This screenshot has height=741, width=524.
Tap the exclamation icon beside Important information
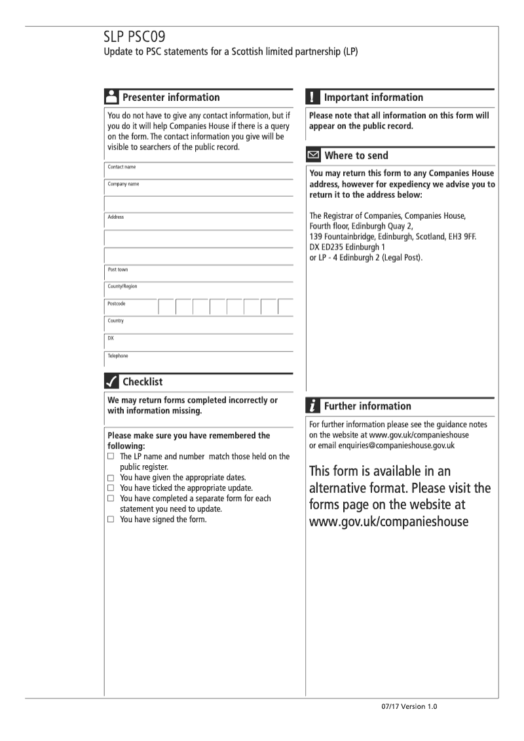pyautogui.click(x=312, y=97)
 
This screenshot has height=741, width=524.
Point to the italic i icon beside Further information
pyautogui.click(x=312, y=406)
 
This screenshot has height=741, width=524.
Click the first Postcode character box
pyautogui.click(x=166, y=307)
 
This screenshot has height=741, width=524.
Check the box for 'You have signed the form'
pyautogui.click(x=111, y=520)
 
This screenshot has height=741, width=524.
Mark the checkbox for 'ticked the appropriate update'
pyautogui.click(x=111, y=489)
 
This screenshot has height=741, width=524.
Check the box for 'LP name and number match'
pyautogui.click(x=111, y=456)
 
